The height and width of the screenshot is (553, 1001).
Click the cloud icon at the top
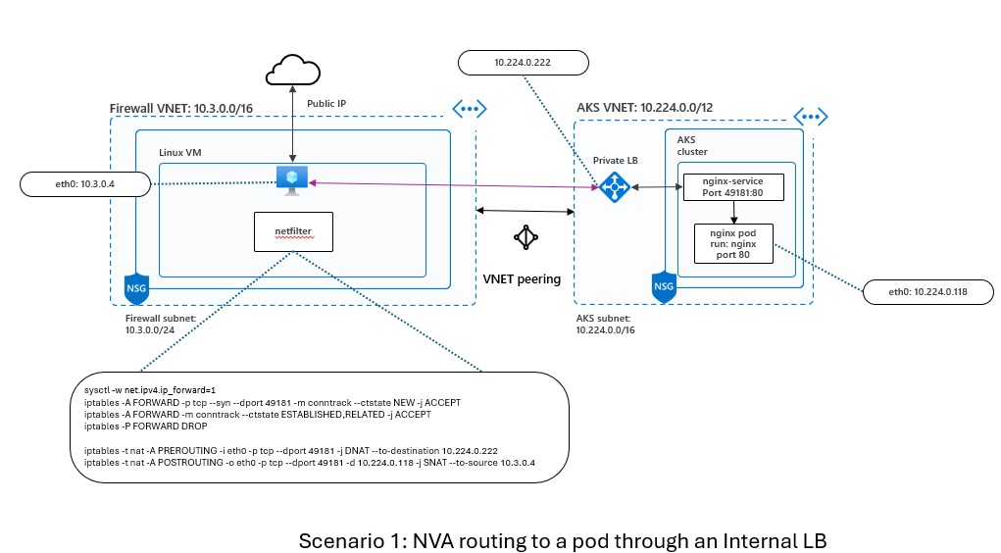click(x=292, y=72)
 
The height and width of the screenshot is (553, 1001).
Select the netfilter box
click(x=293, y=231)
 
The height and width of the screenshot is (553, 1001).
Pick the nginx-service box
click(x=734, y=186)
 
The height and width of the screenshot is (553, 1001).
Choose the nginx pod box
click(x=734, y=242)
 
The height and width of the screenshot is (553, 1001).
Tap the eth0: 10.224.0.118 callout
click(x=927, y=291)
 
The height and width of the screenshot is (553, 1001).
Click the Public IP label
click(x=327, y=103)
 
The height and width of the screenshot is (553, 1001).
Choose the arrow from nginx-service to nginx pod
click(x=734, y=212)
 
